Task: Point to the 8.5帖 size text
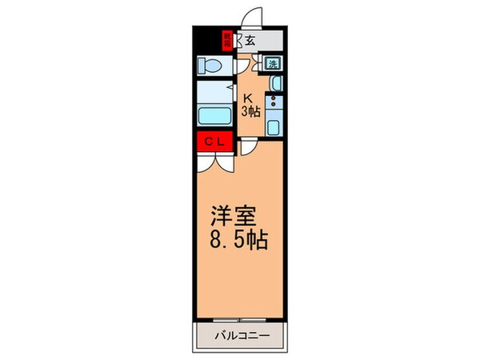238,239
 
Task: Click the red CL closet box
215,142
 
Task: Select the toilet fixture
214,64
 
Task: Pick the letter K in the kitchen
248,98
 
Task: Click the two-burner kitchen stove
274,102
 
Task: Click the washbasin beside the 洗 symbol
275,82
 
